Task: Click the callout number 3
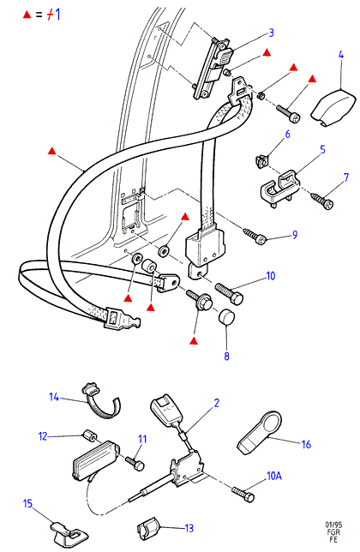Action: click(x=271, y=33)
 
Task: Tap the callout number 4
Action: click(x=341, y=55)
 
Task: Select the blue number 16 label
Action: click(x=306, y=444)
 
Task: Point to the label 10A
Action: click(x=274, y=476)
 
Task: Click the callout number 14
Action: click(x=54, y=397)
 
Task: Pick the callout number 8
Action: click(x=226, y=357)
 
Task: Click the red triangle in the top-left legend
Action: click(x=27, y=15)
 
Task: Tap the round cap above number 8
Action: click(x=227, y=317)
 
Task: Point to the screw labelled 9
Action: click(x=255, y=237)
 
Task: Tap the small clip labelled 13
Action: click(x=148, y=528)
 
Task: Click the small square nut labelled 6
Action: click(x=261, y=161)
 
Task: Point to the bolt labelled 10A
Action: click(x=243, y=494)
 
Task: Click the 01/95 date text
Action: click(x=333, y=525)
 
